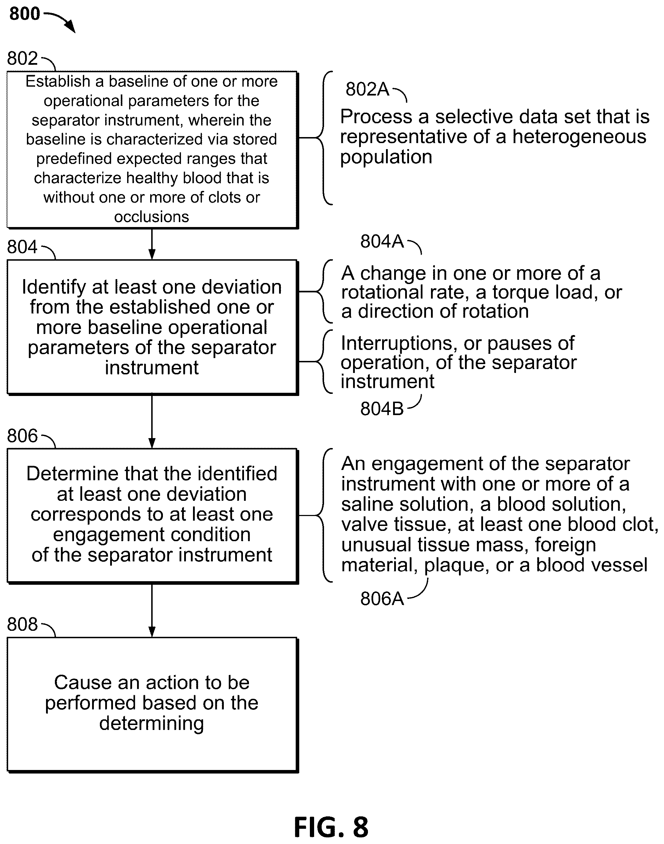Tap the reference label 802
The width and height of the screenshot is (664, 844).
pyautogui.click(x=22, y=58)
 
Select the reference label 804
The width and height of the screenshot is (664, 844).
pyautogui.click(x=22, y=247)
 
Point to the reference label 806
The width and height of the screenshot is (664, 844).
pyautogui.click(x=22, y=436)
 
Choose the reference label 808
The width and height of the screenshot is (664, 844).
pyautogui.click(x=22, y=624)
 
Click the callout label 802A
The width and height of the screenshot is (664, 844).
pyautogui.click(x=367, y=89)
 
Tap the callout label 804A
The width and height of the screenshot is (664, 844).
pyautogui.click(x=382, y=241)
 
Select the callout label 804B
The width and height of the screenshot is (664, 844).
pyautogui.click(x=382, y=409)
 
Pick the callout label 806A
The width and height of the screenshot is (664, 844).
pyautogui.click(x=382, y=598)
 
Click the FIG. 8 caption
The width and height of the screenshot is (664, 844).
pyautogui.click(x=331, y=827)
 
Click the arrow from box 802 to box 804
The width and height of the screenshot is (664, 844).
pyautogui.click(x=152, y=244)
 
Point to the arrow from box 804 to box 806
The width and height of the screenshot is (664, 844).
pyautogui.click(x=152, y=422)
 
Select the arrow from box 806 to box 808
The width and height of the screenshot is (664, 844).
pyautogui.click(x=152, y=610)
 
